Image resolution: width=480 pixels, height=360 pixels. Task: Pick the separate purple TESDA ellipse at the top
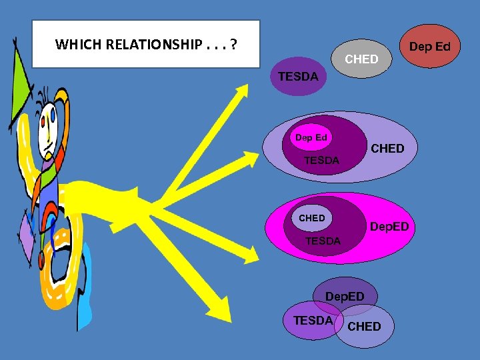298,77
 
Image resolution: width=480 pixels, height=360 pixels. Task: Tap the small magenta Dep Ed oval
311,138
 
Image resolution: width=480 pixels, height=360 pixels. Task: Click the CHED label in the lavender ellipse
387,148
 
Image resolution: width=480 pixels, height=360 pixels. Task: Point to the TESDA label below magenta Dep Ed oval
321,160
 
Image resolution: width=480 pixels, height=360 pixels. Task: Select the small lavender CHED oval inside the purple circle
312,218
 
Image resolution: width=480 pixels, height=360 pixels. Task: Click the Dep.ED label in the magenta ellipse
389,227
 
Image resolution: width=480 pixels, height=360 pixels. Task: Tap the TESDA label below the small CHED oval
323,241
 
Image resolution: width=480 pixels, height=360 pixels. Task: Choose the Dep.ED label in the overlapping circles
345,295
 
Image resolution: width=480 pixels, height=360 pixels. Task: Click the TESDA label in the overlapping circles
313,320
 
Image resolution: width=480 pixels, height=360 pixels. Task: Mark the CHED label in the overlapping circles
365,326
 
